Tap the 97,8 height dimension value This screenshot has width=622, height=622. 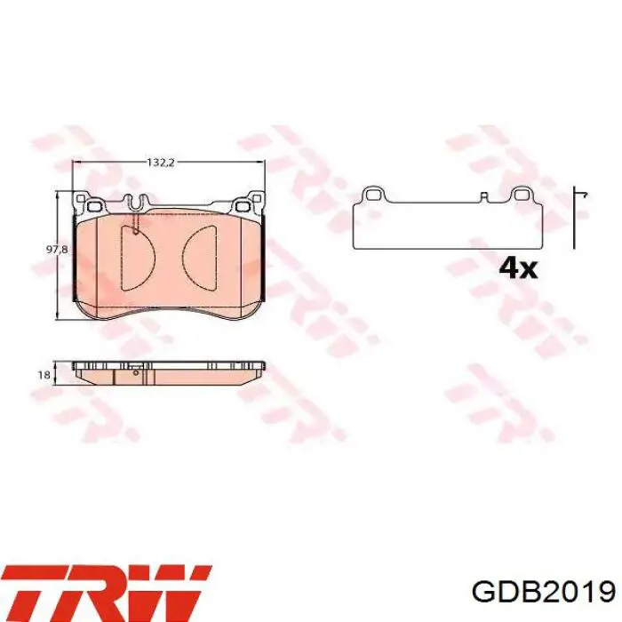click(57, 250)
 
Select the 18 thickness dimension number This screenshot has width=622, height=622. click(44, 374)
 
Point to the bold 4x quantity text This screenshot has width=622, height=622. click(518, 268)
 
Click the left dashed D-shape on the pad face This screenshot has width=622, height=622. click(137, 258)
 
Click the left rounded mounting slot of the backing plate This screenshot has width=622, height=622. click(93, 207)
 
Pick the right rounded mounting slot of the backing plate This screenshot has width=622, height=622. click(243, 207)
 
